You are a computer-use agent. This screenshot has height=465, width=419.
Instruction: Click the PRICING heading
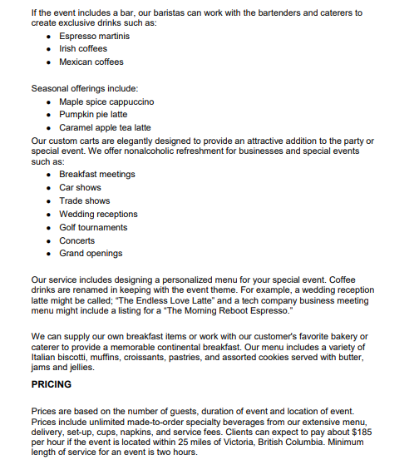point(51,384)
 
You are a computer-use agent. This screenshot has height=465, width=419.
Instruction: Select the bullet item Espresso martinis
point(94,37)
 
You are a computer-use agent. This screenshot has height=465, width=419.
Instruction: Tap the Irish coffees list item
point(83,49)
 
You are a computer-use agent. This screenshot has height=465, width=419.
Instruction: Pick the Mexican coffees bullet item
point(91,62)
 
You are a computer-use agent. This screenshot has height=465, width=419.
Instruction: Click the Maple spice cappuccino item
point(106,101)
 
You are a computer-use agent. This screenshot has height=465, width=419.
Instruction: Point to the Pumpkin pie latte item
point(93,115)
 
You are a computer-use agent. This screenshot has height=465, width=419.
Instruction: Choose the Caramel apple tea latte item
point(105,127)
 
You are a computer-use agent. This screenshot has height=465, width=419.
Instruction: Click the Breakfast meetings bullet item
point(96,175)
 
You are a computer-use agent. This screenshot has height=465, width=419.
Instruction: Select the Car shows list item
point(80,187)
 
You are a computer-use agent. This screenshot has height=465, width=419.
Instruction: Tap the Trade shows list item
point(84,200)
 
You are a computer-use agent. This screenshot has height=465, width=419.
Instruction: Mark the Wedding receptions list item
point(98,214)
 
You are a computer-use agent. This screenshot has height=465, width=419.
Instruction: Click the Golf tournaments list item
point(93,227)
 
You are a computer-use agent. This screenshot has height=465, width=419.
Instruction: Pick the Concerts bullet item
point(76,240)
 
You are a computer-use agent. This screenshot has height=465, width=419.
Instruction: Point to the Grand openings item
point(91,253)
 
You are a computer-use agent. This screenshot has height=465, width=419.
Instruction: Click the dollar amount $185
point(360,433)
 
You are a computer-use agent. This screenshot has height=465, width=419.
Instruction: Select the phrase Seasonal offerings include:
point(84,88)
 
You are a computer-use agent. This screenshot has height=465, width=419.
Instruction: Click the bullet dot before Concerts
point(51,240)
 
